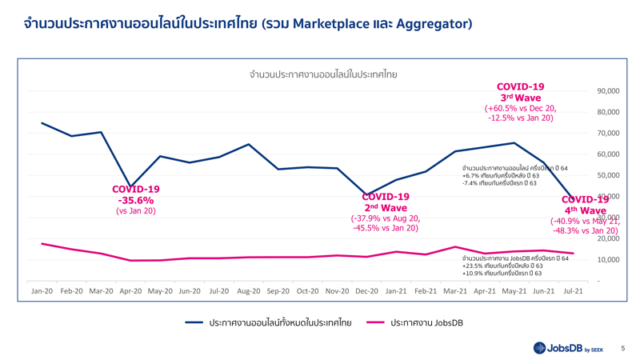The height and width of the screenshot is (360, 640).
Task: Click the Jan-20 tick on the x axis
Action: coord(42,291)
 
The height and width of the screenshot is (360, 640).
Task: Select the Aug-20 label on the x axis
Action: coord(249,291)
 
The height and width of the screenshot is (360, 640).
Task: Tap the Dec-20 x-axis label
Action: coord(366,291)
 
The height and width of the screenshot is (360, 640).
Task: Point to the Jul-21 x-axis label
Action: coord(573,291)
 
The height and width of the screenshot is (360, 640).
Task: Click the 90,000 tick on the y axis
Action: coord(608,91)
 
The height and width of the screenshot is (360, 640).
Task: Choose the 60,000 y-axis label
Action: coord(608,154)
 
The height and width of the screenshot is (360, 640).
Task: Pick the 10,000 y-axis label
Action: coord(608,260)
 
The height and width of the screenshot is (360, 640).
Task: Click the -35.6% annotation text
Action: coord(136,200)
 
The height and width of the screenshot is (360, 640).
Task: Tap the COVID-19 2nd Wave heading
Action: coord(386,202)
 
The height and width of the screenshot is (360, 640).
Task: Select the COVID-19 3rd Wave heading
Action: coord(521,91)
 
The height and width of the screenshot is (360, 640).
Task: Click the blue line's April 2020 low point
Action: coord(130,186)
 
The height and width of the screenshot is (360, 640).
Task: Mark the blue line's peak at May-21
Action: coord(514,143)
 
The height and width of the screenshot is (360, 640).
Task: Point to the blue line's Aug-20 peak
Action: coord(249,145)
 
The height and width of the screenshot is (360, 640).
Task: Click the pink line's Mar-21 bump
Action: coord(455,247)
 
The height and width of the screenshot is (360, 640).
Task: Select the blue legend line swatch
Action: coord(194,322)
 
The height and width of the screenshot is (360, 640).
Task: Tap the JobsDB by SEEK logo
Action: coord(570,348)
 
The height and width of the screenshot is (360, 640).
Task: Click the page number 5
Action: coord(622,348)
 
